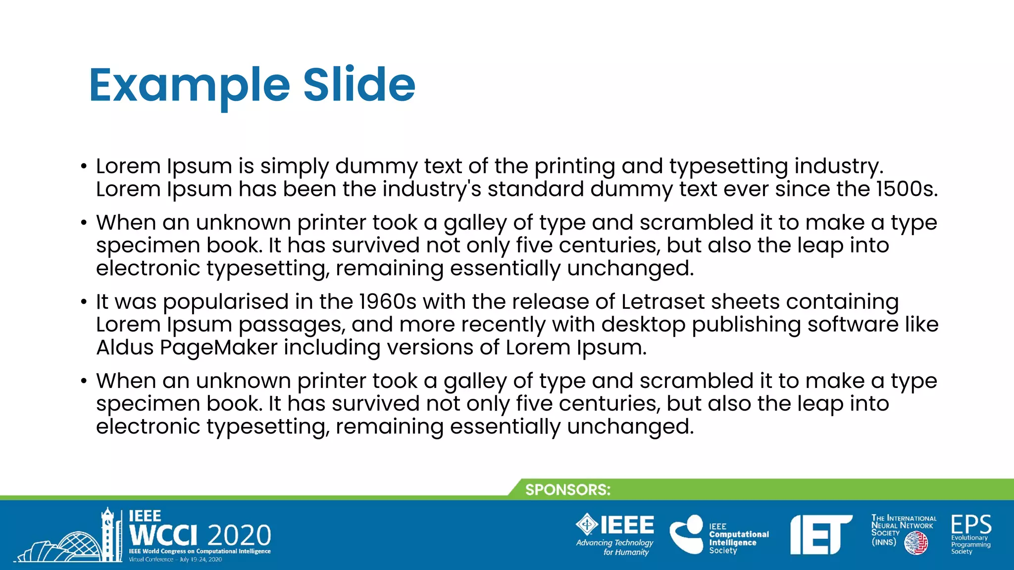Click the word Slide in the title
[x=359, y=85]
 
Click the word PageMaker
[x=218, y=348]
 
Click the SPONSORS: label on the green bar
[x=568, y=490]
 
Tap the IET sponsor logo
[x=820, y=534]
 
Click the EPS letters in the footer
[x=971, y=524]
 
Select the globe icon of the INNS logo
[x=916, y=544]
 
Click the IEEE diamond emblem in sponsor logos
[x=587, y=524]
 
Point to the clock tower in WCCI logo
[x=107, y=534]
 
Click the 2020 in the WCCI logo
[x=240, y=535]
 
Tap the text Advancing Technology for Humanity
[x=615, y=547]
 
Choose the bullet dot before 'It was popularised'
[x=84, y=302]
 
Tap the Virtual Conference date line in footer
[x=175, y=560]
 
